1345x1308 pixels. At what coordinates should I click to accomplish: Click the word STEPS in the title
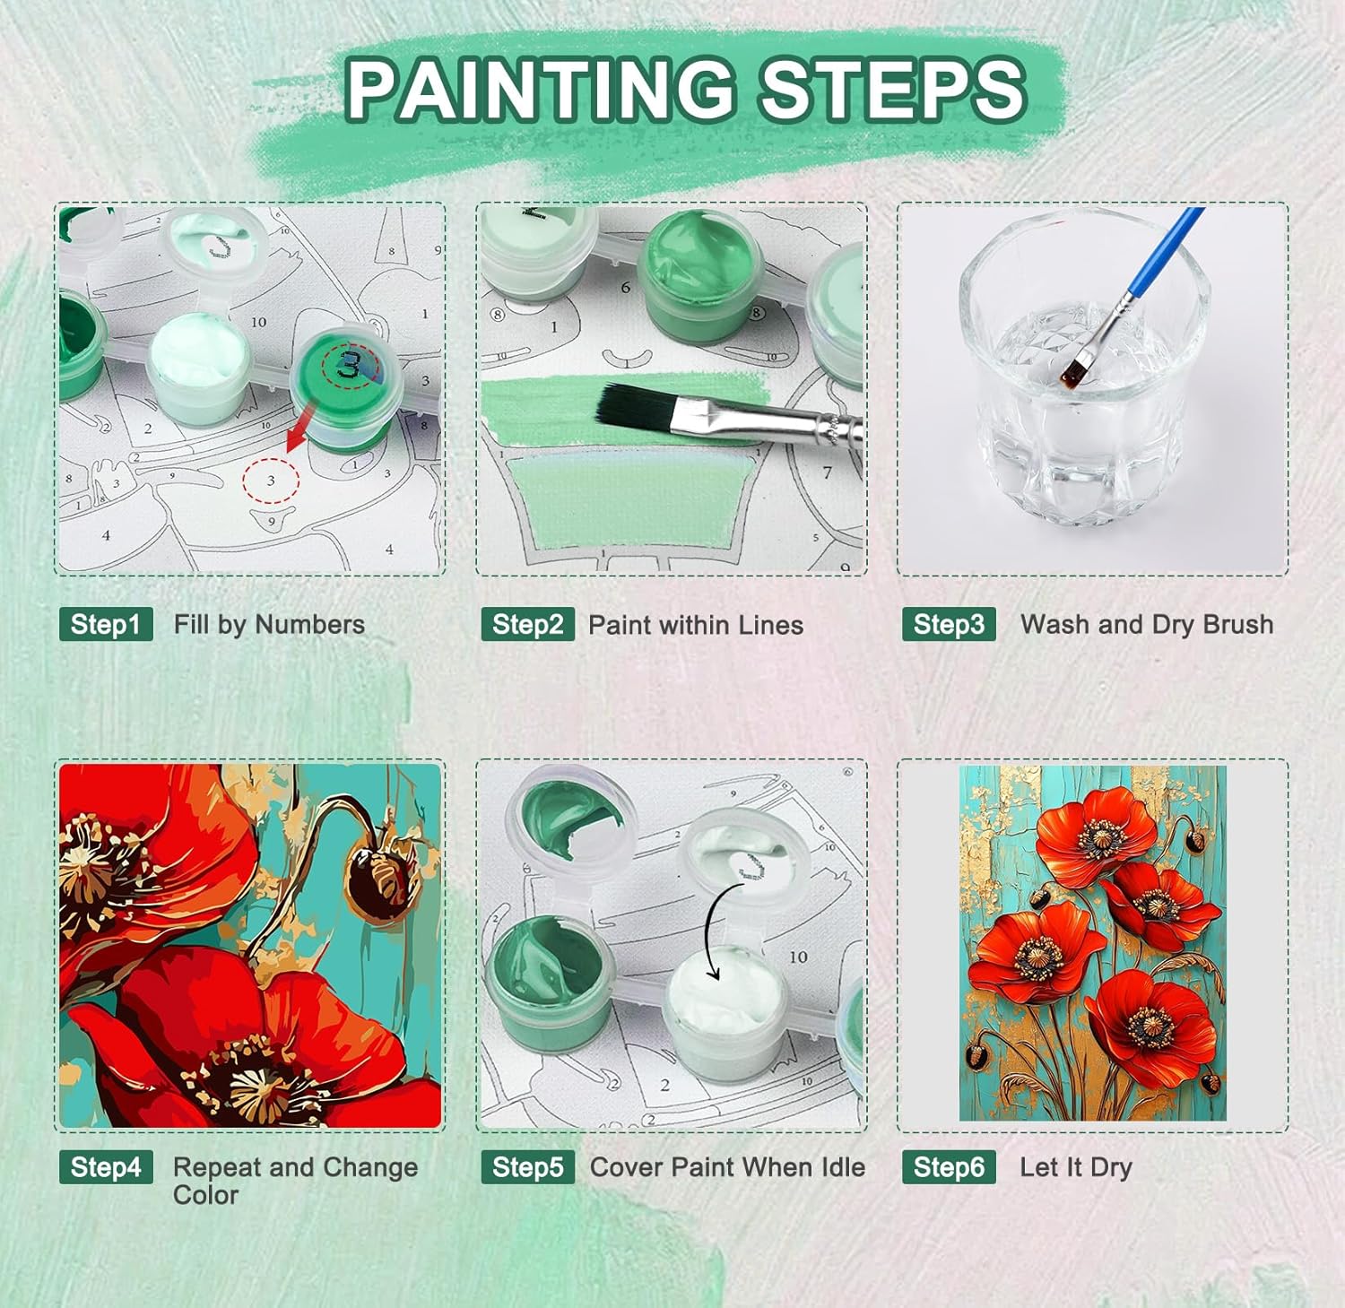coord(891,89)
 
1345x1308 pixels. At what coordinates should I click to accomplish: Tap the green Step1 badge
coord(106,624)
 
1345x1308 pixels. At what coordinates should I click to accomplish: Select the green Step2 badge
coord(527,624)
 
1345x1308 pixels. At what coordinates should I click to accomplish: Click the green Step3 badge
coord(949,624)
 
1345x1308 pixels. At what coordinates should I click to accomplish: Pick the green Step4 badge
coord(106,1166)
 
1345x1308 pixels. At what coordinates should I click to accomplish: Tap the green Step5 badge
coord(527,1166)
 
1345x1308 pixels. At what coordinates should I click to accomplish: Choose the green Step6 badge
coord(949,1166)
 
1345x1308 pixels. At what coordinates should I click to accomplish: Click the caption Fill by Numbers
coord(269,625)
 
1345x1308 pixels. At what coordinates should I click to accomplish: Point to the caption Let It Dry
coord(1076,1167)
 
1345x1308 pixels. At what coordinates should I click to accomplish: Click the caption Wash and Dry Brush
coord(1147,624)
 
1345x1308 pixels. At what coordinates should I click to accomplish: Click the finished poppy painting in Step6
coord(1093,943)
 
